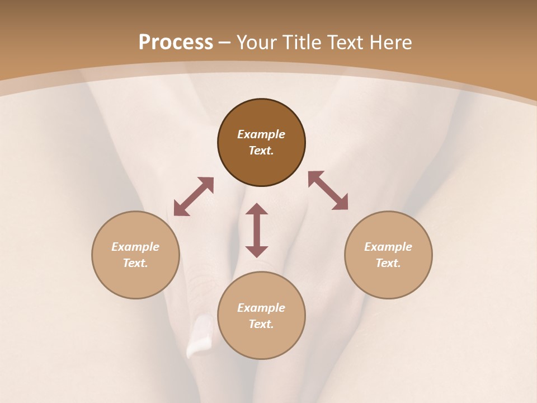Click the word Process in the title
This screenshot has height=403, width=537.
(176, 43)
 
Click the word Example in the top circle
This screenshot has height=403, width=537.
(261, 134)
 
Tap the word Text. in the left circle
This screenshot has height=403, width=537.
(135, 263)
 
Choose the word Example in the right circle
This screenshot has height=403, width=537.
(388, 247)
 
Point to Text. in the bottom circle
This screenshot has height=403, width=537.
(261, 324)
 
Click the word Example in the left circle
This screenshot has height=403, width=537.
(135, 247)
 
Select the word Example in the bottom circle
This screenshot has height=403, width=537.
(261, 308)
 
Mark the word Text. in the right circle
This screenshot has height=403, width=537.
(388, 263)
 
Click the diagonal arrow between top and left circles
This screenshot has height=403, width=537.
(194, 196)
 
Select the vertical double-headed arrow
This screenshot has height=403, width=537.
(257, 230)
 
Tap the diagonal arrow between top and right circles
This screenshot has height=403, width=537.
(328, 190)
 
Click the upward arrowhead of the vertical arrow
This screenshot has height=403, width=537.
(257, 208)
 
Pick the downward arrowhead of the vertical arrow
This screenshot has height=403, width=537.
(257, 251)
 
